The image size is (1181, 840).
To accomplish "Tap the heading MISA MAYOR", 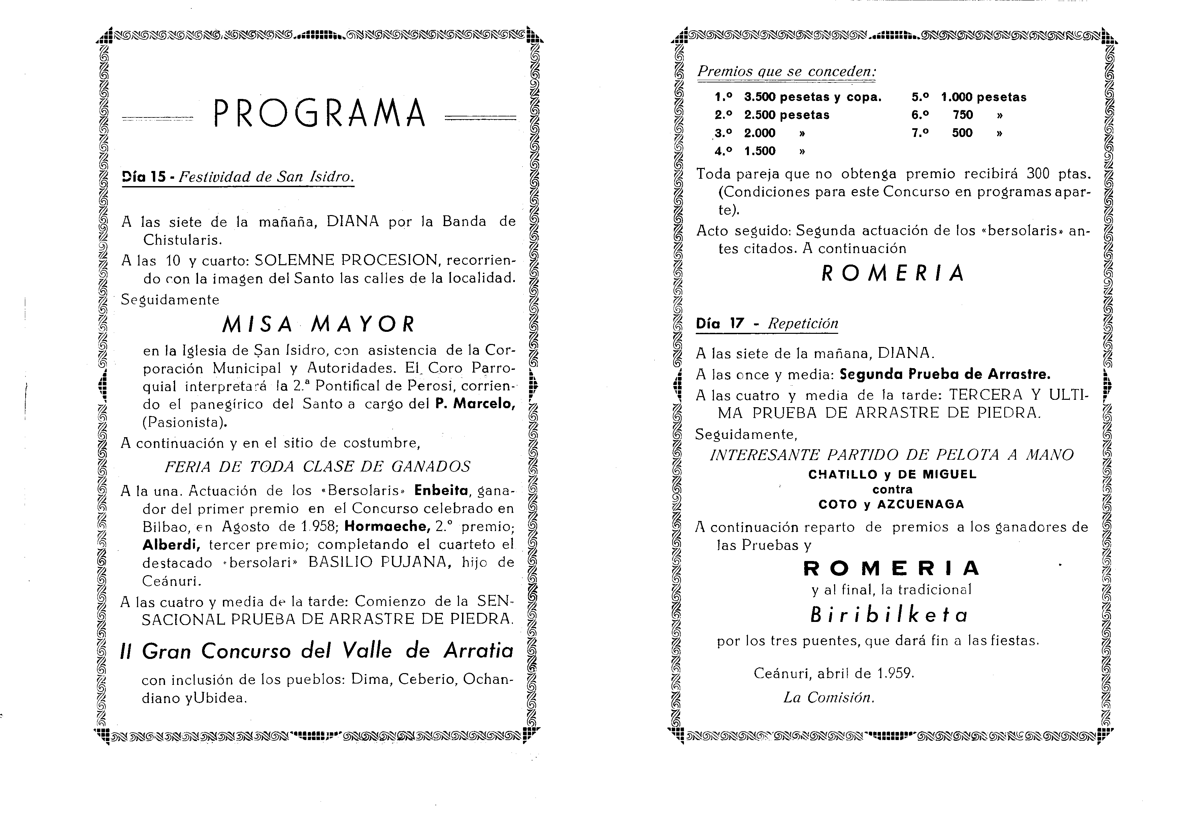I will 318,324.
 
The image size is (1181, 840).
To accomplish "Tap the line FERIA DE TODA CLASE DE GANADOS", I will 317,466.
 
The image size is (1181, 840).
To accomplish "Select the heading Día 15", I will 144,177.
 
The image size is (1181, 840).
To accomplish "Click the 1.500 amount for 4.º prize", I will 760,151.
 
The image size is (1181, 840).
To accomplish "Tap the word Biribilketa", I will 888,615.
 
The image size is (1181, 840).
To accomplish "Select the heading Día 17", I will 720,324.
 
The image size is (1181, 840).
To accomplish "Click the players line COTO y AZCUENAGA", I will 891,504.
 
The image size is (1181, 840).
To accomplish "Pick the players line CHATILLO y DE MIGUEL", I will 892,474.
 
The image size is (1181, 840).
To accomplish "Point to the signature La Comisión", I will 828,698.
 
